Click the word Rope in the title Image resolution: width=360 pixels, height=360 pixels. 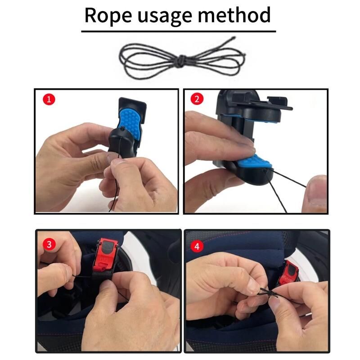tap(108, 15)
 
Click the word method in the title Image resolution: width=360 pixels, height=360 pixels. tap(234, 15)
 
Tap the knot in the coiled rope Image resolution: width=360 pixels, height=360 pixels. tap(181, 61)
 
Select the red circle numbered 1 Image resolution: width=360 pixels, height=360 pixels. tap(49, 99)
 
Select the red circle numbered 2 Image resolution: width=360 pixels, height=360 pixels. tap(197, 99)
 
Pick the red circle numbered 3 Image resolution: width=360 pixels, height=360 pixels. tap(49, 244)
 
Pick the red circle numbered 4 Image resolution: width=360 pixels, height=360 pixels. tap(197, 247)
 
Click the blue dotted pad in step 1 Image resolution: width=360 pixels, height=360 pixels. tap(131, 123)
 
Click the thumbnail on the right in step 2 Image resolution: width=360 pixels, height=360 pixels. tap(317, 193)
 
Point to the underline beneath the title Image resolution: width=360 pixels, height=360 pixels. tap(178, 31)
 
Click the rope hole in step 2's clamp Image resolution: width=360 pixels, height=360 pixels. tap(265, 171)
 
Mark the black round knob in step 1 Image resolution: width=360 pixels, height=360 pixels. tap(121, 142)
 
